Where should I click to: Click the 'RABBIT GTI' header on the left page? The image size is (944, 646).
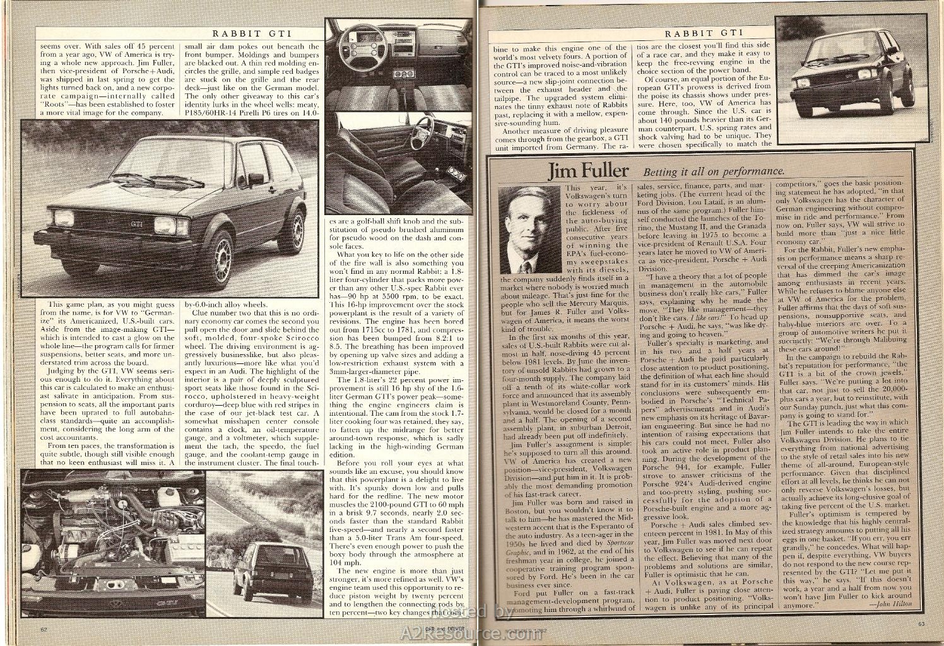coord(251,33)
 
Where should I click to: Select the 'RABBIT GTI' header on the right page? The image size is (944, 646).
coord(705,32)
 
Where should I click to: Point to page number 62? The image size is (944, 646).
coord(44,629)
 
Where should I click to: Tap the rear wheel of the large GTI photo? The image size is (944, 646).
coord(294,223)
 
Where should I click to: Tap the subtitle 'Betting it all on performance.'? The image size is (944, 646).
coord(713,172)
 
